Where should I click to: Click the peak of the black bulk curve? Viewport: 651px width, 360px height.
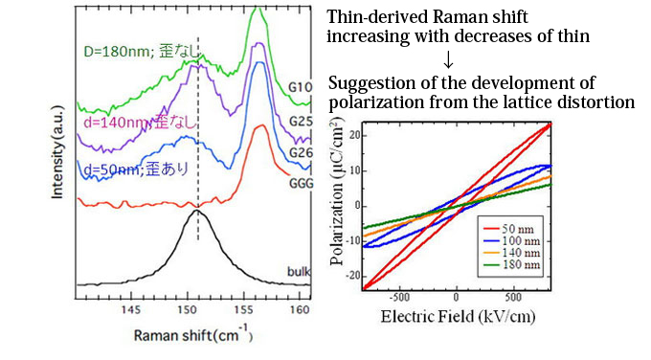click(198, 212)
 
